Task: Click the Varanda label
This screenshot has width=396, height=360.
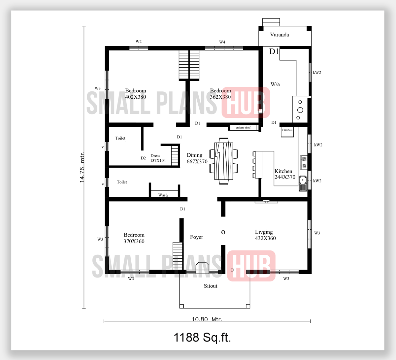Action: point(279,35)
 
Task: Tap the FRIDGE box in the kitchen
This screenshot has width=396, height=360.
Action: point(287,130)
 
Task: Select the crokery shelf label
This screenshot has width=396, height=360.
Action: point(243,128)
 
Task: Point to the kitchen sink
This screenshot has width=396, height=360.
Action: point(303,181)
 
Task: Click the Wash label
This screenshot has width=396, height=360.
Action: point(163,195)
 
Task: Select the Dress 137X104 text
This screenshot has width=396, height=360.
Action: point(158,158)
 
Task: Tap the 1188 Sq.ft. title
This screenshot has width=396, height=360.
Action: point(202,337)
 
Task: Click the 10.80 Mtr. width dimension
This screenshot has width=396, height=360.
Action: point(207,319)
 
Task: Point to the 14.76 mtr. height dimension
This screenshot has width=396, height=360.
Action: point(82,167)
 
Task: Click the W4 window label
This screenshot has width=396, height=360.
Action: point(222,42)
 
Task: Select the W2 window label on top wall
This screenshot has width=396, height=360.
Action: point(139,42)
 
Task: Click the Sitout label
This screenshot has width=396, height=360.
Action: point(211,286)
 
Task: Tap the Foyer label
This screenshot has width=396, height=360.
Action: point(196,237)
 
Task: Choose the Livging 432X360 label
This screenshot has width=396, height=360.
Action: point(265,235)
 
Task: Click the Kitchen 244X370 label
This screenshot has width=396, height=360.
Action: point(285,174)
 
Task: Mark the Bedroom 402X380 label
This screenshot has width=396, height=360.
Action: point(135,94)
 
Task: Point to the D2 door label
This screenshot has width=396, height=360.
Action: point(143,158)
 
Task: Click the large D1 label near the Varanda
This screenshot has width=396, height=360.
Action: point(274,51)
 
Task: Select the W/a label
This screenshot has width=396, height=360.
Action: point(275,84)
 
